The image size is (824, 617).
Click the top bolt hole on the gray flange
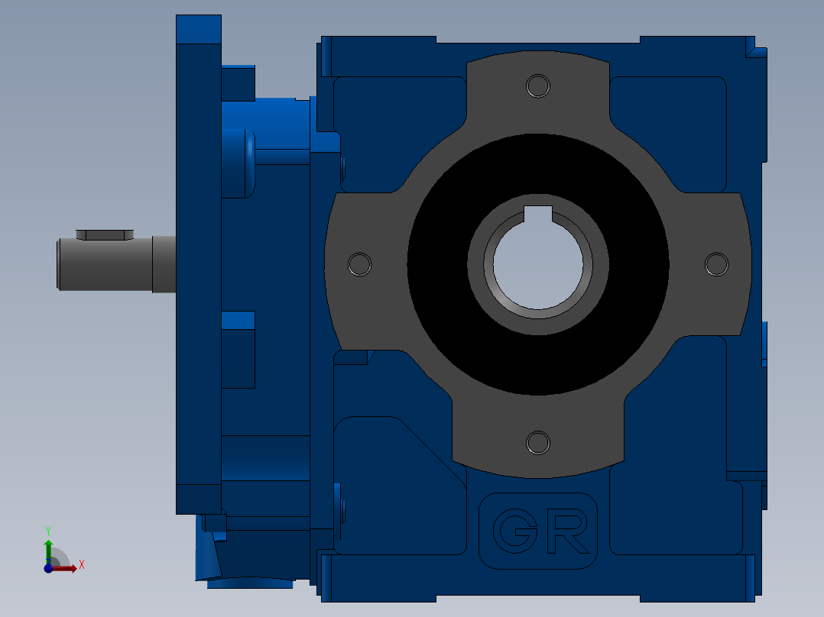click(537, 86)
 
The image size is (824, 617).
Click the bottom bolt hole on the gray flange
click(537, 443)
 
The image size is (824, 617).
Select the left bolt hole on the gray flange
click(359, 264)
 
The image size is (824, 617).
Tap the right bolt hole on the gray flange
click(716, 264)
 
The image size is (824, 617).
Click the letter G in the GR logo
click(515, 531)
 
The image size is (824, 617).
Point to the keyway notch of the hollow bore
click(537, 213)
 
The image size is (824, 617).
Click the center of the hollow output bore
click(537, 264)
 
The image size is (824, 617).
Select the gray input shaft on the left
click(116, 264)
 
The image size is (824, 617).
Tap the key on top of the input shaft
click(105, 234)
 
